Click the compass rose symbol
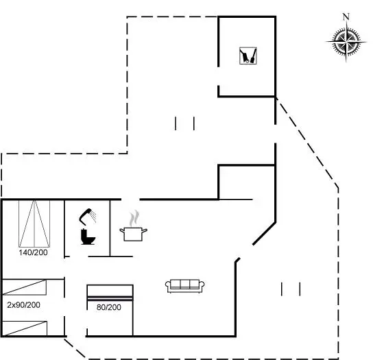point(346,42)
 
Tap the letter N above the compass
point(346,16)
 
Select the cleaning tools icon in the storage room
point(248,56)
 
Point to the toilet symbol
point(88,237)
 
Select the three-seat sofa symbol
point(185,286)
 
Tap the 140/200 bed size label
point(34,252)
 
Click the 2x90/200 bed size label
point(23,305)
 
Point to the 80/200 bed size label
point(109,307)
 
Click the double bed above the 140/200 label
point(34,224)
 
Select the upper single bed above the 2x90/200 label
point(24,287)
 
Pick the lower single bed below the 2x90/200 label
point(25,328)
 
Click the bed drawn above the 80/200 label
point(110,293)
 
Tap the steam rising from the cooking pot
point(134,218)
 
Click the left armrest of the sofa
point(168,285)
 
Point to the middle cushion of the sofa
point(185,284)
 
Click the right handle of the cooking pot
point(145,230)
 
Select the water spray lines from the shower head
point(93,216)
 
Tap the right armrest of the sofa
point(202,285)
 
